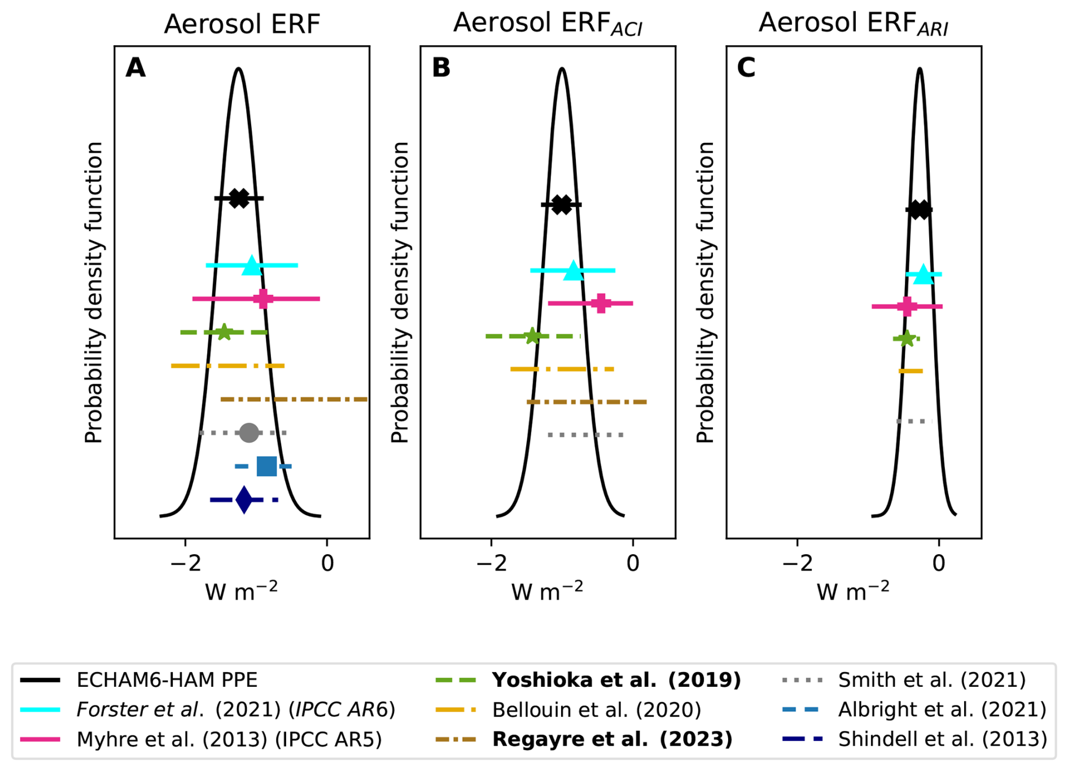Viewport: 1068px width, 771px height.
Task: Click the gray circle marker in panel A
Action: coord(249,433)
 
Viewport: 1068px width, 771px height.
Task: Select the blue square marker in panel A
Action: coord(266,466)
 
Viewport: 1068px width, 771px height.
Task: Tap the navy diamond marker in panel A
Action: coord(244,500)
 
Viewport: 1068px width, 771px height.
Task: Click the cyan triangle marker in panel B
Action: coord(574,271)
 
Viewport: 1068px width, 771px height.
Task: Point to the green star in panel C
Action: coord(907,338)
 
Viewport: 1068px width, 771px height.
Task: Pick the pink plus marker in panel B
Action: coord(601,303)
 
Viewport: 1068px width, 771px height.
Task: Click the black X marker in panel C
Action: coord(920,210)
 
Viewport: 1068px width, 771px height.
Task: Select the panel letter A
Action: coord(135,68)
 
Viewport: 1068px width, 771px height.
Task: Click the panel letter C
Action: coord(746,68)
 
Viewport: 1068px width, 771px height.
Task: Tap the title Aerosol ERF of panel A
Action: coord(242,25)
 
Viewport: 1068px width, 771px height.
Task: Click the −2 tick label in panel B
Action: coord(492,563)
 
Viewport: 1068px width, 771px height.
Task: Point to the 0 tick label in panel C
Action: coord(939,563)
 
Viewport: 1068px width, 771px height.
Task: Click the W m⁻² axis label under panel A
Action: coord(242,591)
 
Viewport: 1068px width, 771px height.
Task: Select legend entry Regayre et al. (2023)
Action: coord(612,739)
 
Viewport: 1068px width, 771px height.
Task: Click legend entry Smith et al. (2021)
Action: coord(931,679)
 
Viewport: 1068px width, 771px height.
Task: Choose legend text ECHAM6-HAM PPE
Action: coord(167,679)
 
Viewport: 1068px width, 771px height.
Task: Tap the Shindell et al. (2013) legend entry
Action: coord(942,739)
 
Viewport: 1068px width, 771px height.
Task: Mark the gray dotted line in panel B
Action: coord(586,435)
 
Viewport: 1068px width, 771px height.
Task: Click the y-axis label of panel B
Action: coord(400,292)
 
